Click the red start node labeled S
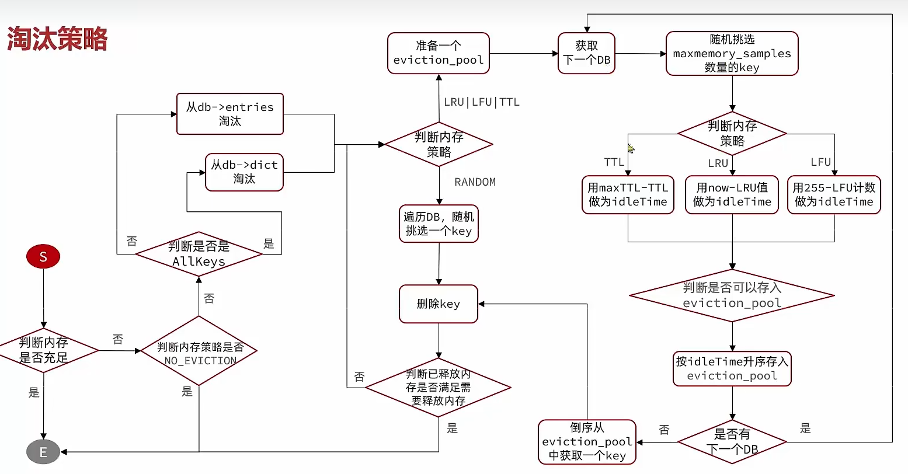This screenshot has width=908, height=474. click(43, 257)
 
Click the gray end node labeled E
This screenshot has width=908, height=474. click(43, 452)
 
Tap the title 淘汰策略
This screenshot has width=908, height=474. click(57, 39)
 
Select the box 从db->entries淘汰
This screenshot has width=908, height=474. click(230, 114)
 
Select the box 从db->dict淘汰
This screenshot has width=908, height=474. click(244, 172)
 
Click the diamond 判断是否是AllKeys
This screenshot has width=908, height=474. click(199, 254)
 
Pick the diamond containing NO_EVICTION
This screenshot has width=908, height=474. click(199, 351)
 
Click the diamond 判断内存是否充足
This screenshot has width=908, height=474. click(44, 350)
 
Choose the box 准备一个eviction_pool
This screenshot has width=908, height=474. click(439, 53)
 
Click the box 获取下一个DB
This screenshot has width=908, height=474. click(587, 53)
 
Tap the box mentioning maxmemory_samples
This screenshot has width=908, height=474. click(732, 54)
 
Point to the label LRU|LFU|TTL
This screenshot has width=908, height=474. click(482, 102)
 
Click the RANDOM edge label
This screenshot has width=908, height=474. click(475, 182)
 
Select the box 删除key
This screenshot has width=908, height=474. click(439, 304)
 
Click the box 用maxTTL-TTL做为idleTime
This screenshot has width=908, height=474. click(628, 195)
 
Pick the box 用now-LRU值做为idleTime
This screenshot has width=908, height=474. click(732, 195)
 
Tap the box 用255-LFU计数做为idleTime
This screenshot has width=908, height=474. click(834, 195)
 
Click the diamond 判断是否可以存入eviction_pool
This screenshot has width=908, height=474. click(732, 295)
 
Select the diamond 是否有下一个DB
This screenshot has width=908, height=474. click(732, 442)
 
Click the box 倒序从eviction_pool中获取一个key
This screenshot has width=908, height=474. click(587, 442)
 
